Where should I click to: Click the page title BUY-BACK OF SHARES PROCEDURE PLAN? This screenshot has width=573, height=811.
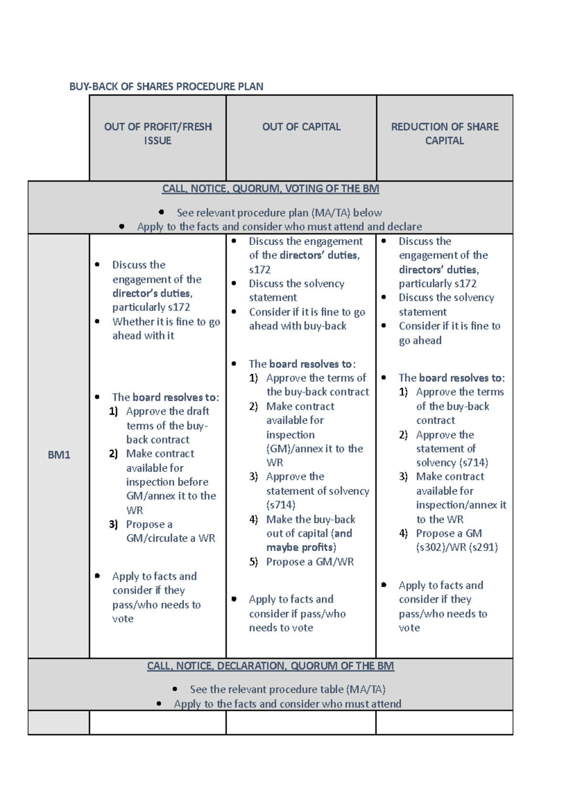(x=166, y=86)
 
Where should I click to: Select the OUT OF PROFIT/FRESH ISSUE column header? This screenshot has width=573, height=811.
(x=158, y=134)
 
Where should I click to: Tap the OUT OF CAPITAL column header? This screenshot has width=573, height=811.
(x=301, y=127)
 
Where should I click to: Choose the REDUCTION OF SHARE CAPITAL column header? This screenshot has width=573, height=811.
(x=445, y=134)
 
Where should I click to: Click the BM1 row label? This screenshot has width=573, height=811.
(x=59, y=455)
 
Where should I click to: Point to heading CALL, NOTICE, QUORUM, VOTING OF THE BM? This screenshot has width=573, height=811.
(x=270, y=189)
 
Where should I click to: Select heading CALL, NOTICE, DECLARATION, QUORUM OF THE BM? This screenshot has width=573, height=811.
(x=270, y=666)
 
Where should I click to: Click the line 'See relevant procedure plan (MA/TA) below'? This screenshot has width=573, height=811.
(x=279, y=213)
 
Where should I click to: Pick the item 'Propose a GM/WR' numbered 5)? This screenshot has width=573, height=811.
(x=310, y=562)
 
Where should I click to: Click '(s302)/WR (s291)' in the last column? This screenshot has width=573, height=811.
(x=456, y=547)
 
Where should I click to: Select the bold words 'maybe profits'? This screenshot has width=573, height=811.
(x=300, y=547)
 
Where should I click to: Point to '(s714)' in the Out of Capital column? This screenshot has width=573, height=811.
(x=281, y=505)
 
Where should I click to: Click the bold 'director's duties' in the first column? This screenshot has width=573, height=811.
(x=152, y=293)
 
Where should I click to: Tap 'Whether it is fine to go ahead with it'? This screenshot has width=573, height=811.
(x=166, y=329)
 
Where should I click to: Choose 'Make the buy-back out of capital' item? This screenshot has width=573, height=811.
(x=310, y=526)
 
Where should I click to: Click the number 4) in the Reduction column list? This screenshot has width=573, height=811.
(x=403, y=534)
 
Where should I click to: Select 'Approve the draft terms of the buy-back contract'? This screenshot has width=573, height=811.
(x=167, y=426)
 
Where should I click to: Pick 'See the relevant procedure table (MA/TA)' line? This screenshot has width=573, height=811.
(x=287, y=690)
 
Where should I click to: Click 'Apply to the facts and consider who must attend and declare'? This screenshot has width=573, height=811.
(x=279, y=227)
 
